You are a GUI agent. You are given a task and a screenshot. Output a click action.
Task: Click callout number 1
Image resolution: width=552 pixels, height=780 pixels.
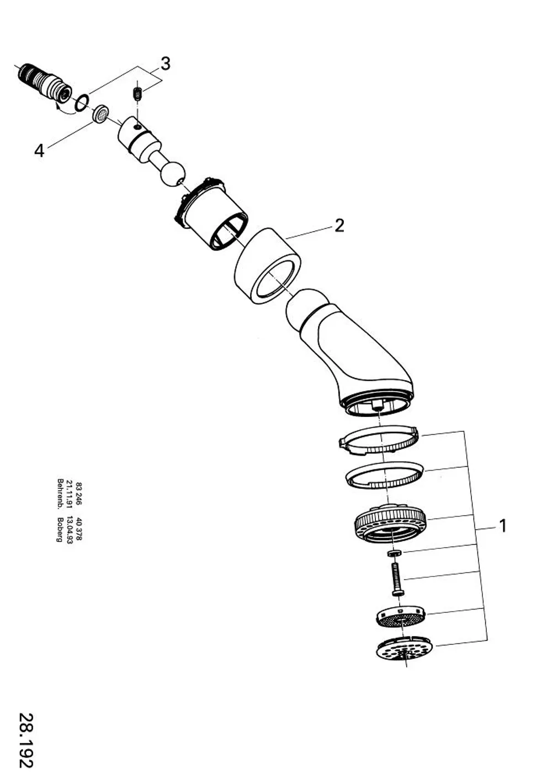click(x=502, y=526)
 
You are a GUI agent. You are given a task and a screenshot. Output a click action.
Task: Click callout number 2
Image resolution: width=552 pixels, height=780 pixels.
click(x=339, y=226)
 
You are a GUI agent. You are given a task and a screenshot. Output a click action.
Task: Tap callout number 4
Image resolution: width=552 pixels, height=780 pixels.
click(x=39, y=151)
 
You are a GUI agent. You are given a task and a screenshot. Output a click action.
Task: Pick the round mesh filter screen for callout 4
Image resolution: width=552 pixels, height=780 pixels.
click(x=101, y=113)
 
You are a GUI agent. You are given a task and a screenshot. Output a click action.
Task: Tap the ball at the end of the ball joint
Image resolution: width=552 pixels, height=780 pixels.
click(x=173, y=175)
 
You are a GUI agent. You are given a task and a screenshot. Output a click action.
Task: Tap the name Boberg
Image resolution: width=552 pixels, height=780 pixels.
click(x=59, y=530)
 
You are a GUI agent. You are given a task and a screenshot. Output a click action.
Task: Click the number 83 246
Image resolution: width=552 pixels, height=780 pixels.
click(x=78, y=494)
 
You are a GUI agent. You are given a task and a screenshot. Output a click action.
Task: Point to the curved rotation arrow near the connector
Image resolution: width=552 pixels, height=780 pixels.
click(x=66, y=110)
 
